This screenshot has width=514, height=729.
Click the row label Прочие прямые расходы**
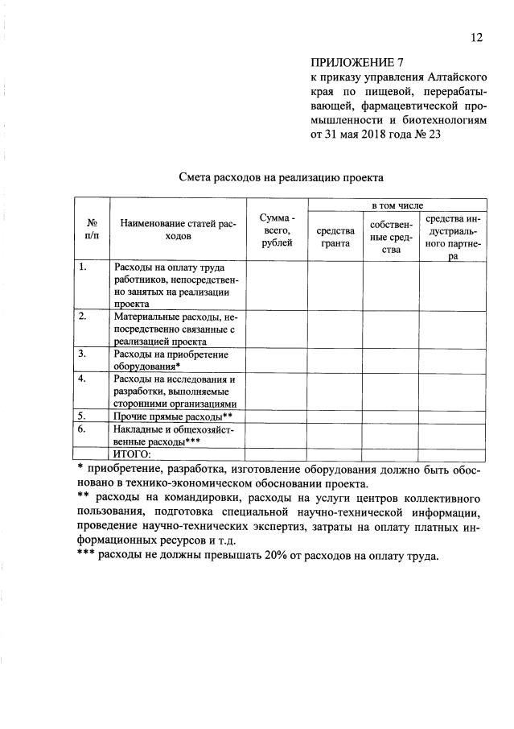click(173, 416)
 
